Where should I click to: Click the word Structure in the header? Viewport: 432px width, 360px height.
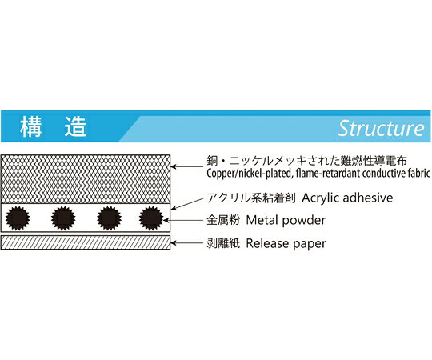pyautogui.click(x=382, y=129)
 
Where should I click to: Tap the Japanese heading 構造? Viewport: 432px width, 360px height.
pyautogui.click(x=53, y=127)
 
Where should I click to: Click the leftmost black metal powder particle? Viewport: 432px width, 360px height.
pyautogui.click(x=18, y=218)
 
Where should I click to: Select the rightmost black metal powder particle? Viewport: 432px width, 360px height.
pyautogui.click(x=151, y=218)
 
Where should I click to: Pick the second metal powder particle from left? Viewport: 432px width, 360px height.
pyautogui.click(x=63, y=218)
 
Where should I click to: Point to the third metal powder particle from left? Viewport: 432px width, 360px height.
pyautogui.click(x=110, y=218)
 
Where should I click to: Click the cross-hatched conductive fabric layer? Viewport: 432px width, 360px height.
pyautogui.click(x=86, y=179)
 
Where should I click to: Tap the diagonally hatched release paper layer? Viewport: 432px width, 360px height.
pyautogui.click(x=86, y=242)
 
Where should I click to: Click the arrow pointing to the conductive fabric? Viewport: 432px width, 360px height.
pyautogui.click(x=186, y=166)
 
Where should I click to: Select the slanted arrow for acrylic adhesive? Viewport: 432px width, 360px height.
pyautogui.click(x=189, y=203)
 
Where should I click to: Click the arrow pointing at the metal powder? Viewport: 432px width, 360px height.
pyautogui.click(x=183, y=220)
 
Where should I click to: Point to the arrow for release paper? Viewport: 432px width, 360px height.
pyautogui.click(x=186, y=243)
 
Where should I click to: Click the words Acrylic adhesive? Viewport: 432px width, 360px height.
pyautogui.click(x=347, y=198)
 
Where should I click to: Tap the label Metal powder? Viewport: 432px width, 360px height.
pyautogui.click(x=286, y=220)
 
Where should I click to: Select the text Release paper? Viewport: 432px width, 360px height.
pyautogui.click(x=286, y=243)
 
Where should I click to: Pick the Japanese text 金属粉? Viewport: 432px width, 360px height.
pyautogui.click(x=223, y=220)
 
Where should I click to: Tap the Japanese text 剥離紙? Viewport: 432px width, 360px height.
pyautogui.click(x=223, y=243)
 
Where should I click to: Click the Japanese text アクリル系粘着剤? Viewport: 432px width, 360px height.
pyautogui.click(x=251, y=198)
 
